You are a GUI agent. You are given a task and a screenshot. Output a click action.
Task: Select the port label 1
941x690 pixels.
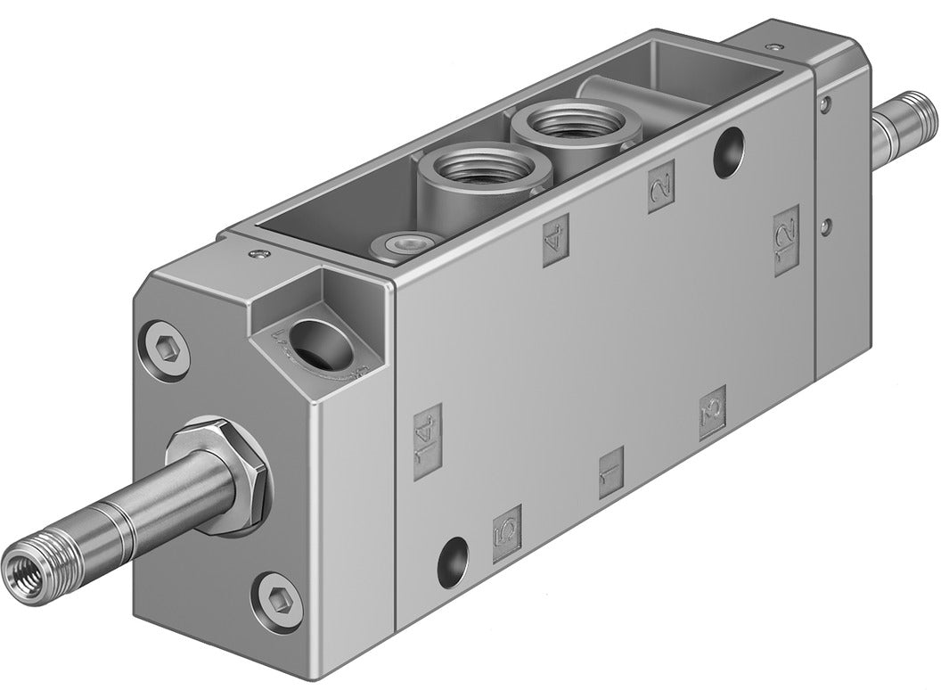point(610,473)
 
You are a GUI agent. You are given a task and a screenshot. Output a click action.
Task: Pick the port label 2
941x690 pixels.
point(661,187)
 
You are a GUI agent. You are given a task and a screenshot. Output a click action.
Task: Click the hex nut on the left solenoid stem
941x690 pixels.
point(217,480)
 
